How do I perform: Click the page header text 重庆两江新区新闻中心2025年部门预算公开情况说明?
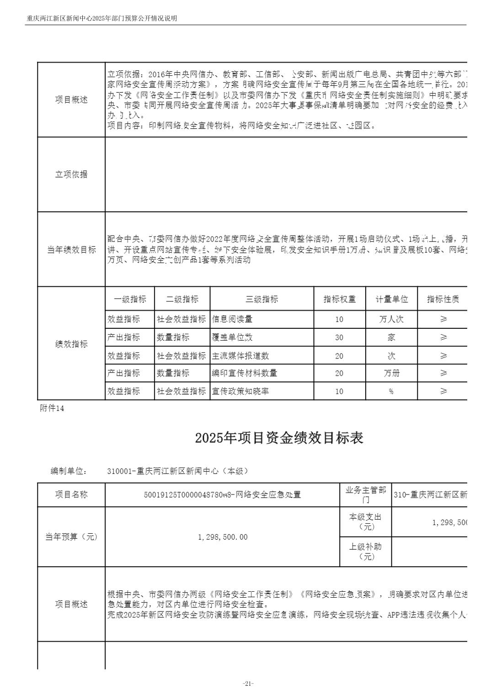(x=101, y=18)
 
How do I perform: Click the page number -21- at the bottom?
(x=248, y=683)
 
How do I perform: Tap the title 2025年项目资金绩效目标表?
(x=279, y=438)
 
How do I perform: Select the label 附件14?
(x=52, y=408)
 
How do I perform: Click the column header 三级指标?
(x=262, y=300)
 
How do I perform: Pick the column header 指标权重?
(x=339, y=300)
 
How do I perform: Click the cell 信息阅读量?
(x=232, y=319)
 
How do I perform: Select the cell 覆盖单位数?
(x=232, y=337)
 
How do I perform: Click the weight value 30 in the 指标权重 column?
(x=339, y=337)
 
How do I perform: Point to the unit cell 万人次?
(x=391, y=319)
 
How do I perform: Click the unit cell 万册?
(x=391, y=373)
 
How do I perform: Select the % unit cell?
(x=391, y=391)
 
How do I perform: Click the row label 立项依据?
(x=71, y=174)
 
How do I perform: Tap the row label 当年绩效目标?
(x=71, y=250)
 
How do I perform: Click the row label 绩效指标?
(x=71, y=344)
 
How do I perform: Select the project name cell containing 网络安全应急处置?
(x=222, y=494)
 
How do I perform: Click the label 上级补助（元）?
(x=365, y=552)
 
